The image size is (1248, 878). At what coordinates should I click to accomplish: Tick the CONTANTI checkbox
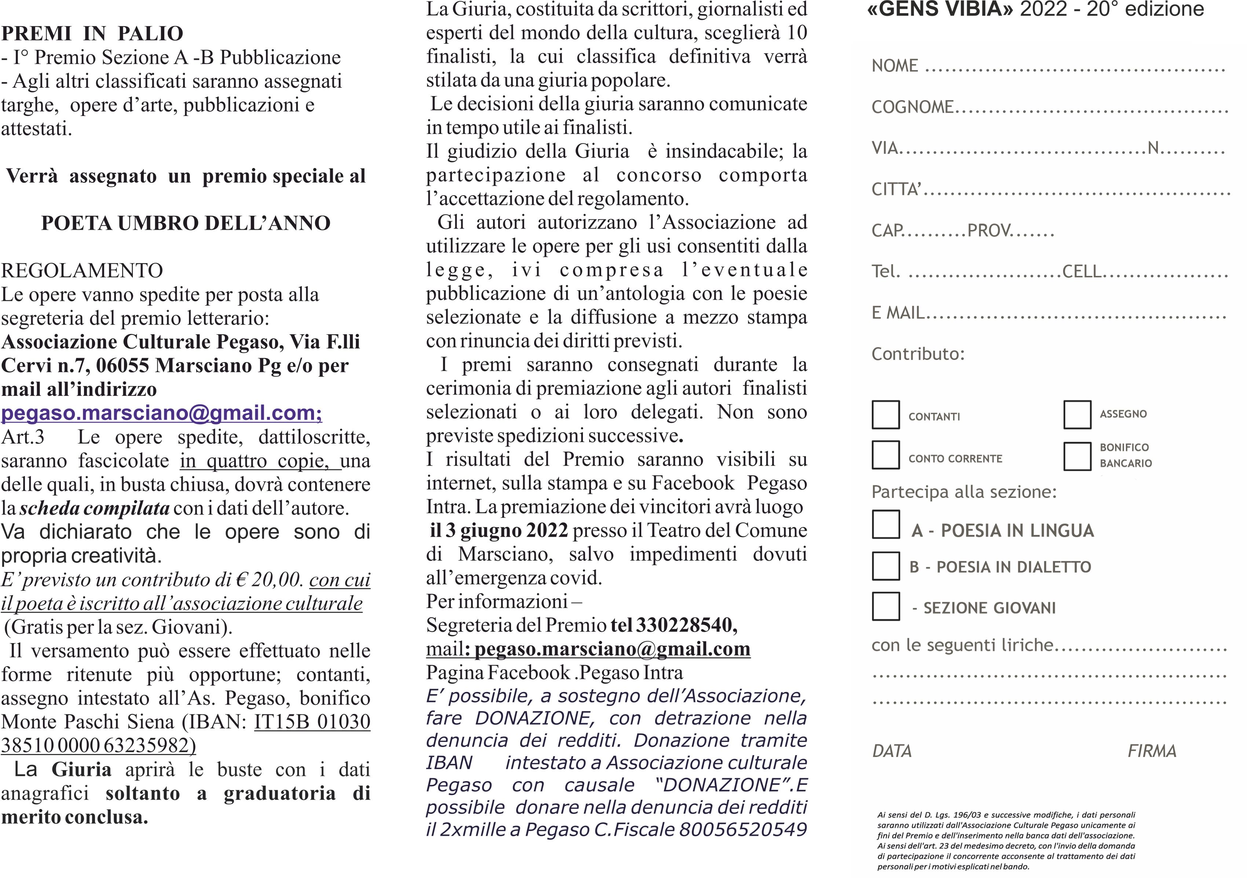coord(886,415)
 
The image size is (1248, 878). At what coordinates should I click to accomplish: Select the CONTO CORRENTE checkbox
coord(886,455)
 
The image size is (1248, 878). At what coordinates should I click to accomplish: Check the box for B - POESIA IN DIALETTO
coord(886,566)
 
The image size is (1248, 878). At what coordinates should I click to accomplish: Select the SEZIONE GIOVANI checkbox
coord(886,606)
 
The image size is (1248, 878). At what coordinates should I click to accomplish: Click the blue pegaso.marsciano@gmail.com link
coord(161,413)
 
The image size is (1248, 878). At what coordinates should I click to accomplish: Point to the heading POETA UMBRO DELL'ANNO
coord(185,223)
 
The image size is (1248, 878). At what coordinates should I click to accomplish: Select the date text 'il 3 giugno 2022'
coord(499,530)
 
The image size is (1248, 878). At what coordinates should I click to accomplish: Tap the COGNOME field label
coord(912,107)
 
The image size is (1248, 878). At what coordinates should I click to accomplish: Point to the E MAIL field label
coord(897,313)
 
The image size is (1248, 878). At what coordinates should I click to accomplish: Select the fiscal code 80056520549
coord(742,830)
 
